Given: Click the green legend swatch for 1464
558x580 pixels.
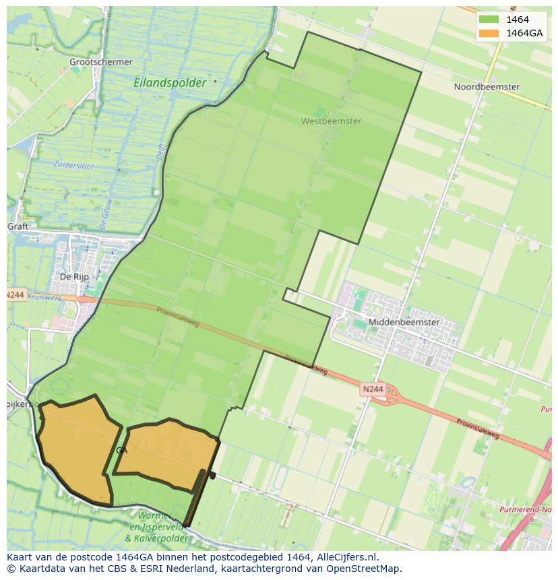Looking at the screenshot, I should (489, 20).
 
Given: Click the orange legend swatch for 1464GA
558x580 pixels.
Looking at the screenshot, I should (489, 33).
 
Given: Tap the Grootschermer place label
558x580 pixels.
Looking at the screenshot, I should (101, 62).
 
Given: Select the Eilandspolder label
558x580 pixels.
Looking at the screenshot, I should (170, 83).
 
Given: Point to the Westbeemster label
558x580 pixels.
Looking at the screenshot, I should (331, 121).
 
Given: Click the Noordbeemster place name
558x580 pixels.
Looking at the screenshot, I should (487, 87).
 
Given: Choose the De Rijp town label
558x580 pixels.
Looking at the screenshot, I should (74, 277).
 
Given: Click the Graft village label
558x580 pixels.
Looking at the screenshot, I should (18, 226).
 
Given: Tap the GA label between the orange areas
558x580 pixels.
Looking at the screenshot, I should (121, 451).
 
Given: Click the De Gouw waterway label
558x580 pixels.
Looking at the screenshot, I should (105, 215).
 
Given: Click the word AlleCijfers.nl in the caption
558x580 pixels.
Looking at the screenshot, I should (346, 557).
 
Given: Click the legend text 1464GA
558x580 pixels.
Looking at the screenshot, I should (525, 33).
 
